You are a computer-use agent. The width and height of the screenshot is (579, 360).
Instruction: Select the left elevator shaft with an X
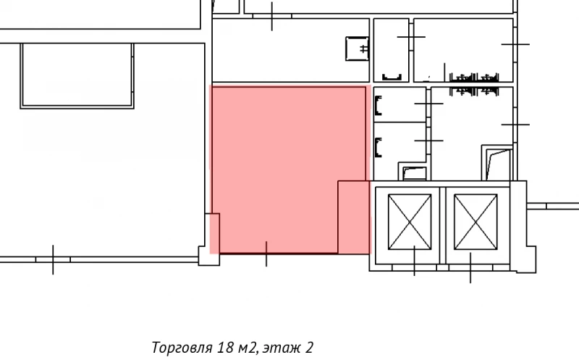[x=410, y=221]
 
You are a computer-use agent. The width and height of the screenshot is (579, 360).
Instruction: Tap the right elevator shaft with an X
[x=474, y=221]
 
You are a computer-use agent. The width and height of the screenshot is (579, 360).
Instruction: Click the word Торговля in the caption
[x=180, y=348]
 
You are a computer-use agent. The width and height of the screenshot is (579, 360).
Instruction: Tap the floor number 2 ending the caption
[x=310, y=348]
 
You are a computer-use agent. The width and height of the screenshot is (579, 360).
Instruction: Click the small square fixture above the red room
[x=358, y=49]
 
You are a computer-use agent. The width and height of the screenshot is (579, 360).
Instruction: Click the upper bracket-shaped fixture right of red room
[x=378, y=106]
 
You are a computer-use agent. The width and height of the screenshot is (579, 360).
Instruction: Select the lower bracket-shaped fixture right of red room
[x=378, y=147]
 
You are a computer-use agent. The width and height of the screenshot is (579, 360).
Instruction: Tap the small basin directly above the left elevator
[x=415, y=172]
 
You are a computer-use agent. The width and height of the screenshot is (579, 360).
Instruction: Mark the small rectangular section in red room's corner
[x=354, y=217]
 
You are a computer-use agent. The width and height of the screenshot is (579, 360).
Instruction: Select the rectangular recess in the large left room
[x=77, y=75]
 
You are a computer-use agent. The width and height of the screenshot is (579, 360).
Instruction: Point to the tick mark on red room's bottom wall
[x=266, y=254]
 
